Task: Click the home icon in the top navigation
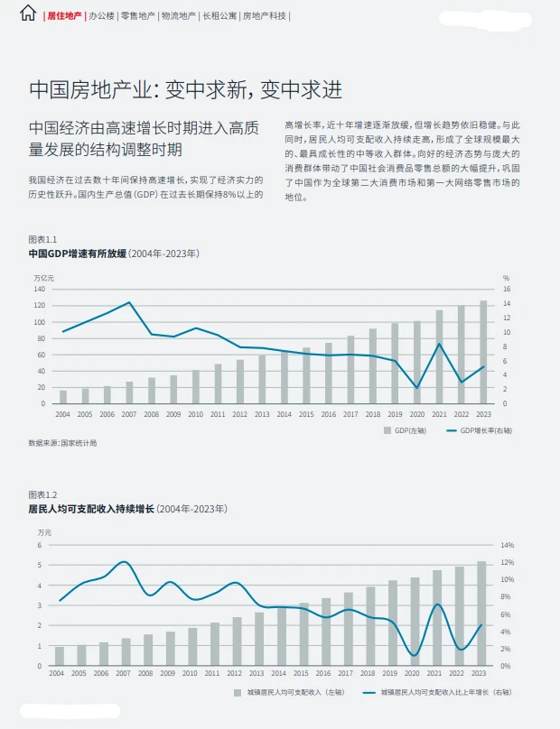(28, 14)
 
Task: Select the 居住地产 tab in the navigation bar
(64, 15)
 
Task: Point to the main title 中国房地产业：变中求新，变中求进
(185, 89)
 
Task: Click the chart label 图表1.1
(42, 239)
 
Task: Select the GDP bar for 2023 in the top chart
(483, 353)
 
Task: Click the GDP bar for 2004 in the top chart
(62, 397)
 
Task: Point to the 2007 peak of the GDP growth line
(130, 303)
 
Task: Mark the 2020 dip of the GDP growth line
(416, 388)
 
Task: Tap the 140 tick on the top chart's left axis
(39, 290)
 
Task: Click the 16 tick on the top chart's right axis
(507, 290)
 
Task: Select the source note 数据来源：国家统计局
(62, 443)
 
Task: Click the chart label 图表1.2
(42, 494)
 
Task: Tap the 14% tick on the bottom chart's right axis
(508, 545)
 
